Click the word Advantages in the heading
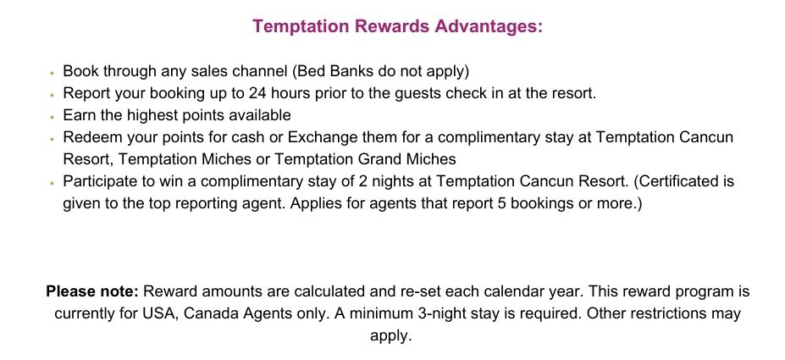(x=489, y=26)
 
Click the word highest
(x=150, y=115)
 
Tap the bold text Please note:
(x=92, y=291)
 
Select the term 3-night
(x=439, y=313)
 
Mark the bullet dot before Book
(x=52, y=72)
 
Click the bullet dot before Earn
(x=52, y=116)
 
